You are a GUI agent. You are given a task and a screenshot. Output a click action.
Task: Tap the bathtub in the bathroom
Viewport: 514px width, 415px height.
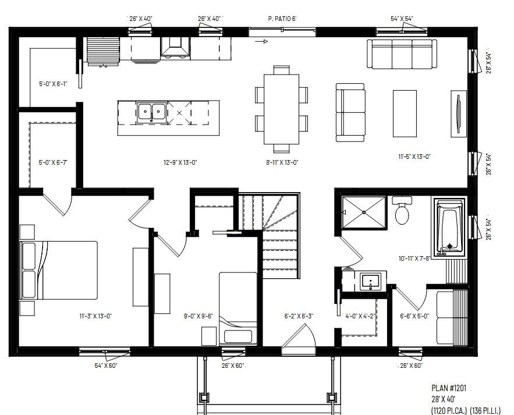(449, 228)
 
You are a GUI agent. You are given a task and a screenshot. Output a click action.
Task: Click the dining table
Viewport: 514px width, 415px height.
(282, 109)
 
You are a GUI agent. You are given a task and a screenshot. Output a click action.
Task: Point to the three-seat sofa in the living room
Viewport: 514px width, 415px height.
(402, 54)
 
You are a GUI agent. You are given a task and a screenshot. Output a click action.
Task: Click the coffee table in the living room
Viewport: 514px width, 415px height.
(405, 113)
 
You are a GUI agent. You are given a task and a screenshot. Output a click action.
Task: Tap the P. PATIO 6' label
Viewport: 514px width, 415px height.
(282, 19)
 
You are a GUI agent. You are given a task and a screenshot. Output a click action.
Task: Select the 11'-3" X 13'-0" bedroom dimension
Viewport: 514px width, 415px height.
(95, 316)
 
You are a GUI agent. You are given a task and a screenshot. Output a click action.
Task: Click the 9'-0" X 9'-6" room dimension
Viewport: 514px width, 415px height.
(198, 316)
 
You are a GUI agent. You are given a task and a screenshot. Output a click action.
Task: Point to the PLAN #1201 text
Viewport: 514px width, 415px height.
(449, 388)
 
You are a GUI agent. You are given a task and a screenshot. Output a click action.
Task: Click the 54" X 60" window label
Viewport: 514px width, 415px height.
(106, 366)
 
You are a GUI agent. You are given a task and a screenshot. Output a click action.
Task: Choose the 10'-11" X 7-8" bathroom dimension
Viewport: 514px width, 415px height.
(414, 258)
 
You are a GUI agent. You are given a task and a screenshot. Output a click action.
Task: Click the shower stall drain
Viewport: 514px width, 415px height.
(364, 212)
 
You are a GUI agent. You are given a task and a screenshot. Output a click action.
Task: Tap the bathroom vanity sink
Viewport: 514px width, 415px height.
(370, 281)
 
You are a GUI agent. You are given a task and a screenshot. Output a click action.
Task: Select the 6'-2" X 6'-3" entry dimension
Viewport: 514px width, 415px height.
(299, 316)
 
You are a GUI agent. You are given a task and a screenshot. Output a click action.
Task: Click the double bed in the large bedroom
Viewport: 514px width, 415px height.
(59, 271)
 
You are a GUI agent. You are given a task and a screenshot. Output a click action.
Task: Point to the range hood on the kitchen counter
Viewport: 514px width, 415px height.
(175, 48)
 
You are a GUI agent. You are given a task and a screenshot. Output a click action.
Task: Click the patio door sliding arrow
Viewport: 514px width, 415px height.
(261, 42)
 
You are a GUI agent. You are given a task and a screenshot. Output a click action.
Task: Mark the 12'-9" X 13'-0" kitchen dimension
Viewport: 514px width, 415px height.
(180, 162)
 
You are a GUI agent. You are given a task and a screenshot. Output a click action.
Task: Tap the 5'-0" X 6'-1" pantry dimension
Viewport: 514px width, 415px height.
(53, 84)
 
